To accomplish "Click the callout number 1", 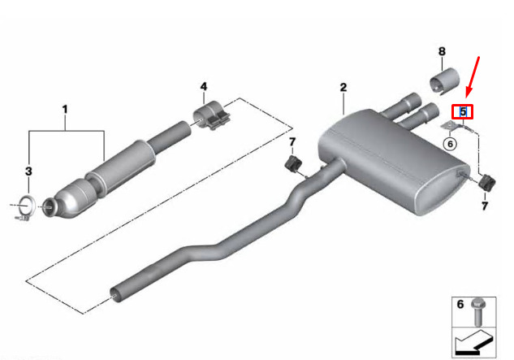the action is tap(65, 109).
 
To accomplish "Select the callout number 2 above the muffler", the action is tap(343, 87).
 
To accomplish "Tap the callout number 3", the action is tap(29, 171).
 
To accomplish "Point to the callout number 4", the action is tap(204, 87).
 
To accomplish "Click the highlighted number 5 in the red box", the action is tap(463, 111).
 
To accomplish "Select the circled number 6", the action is tap(450, 143).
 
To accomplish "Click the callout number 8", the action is tap(442, 51).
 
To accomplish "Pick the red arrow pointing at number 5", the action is tap(473, 76).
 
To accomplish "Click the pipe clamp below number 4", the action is tap(211, 115).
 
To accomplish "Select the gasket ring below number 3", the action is tap(26, 206).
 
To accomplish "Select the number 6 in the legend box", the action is tap(460, 304).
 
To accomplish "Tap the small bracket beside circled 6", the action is tap(448, 125).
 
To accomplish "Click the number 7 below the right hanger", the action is tap(485, 206).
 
